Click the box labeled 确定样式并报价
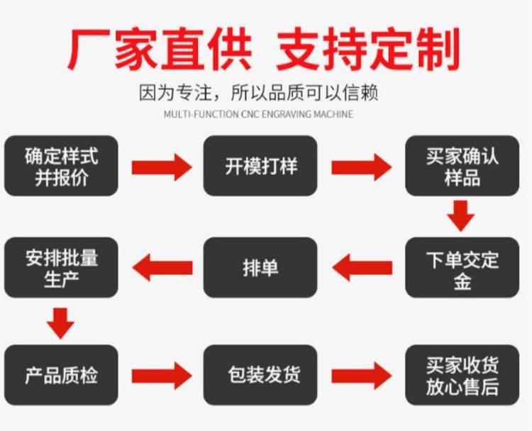(x=61, y=166)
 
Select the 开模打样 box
(x=260, y=166)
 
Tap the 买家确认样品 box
(x=462, y=166)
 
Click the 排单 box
(x=260, y=268)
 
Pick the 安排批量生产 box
(x=61, y=268)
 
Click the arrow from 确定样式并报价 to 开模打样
(x=161, y=167)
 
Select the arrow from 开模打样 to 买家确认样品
(x=361, y=167)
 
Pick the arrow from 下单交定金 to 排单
(x=362, y=268)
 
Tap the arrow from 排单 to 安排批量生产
(x=162, y=268)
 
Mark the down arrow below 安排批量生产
(x=62, y=322)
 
